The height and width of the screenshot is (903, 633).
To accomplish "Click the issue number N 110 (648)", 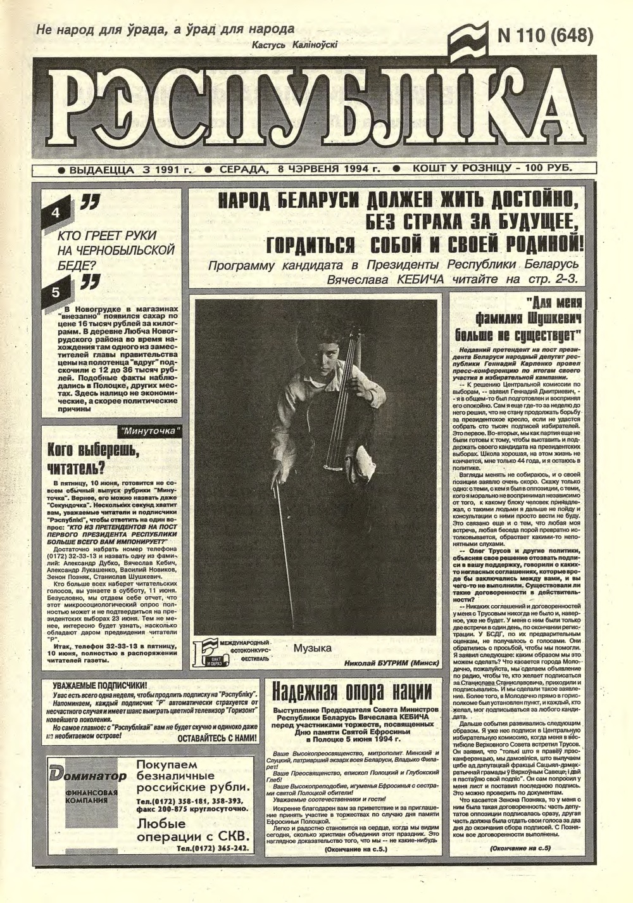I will (x=544, y=36).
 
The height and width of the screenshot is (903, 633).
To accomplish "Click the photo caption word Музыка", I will (x=313, y=648).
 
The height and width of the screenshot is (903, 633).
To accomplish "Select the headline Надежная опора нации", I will (x=352, y=689).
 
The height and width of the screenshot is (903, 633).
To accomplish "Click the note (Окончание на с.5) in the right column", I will (x=520, y=848).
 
